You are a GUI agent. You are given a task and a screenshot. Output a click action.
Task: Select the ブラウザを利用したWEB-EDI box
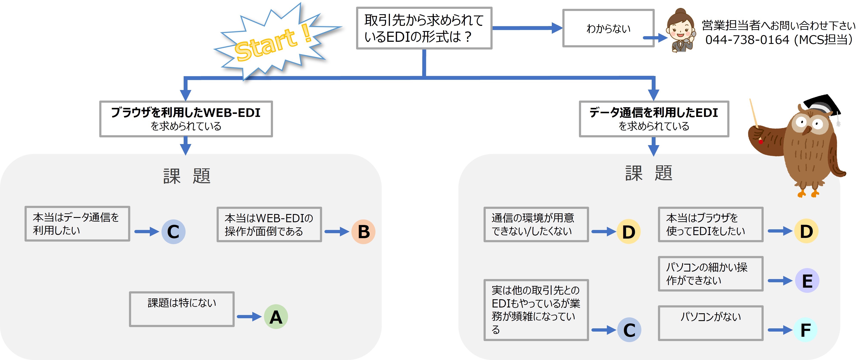tap(186, 119)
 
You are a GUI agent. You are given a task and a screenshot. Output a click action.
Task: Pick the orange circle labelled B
tap(363, 231)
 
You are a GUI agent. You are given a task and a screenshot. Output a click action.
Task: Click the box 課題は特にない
tap(182, 309)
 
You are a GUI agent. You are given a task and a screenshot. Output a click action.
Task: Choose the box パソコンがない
tap(710, 323)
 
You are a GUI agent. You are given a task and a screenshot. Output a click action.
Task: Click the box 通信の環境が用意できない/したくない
tap(536, 224)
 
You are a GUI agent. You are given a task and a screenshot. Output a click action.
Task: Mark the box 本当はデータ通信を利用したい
tap(77, 224)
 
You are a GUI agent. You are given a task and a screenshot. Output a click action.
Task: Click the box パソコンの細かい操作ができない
tap(710, 273)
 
